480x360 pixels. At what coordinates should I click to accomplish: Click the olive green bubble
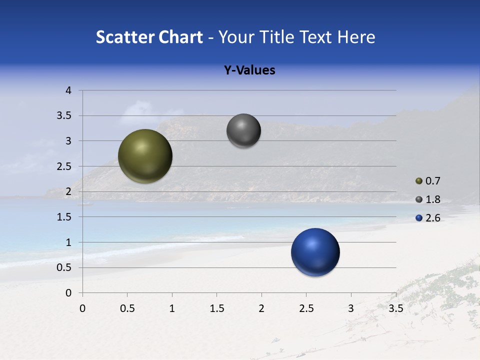(145, 156)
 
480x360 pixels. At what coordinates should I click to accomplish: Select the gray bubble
(243, 130)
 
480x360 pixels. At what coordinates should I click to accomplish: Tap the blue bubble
(315, 252)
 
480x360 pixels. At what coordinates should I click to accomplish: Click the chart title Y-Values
(249, 70)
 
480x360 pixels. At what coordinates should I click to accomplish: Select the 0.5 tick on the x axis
(127, 308)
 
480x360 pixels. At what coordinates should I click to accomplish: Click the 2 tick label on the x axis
(261, 308)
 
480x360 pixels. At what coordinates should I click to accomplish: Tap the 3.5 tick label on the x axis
(395, 308)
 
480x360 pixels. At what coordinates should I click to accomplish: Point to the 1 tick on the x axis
(172, 308)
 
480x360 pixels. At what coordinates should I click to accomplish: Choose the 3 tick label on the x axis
(351, 308)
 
